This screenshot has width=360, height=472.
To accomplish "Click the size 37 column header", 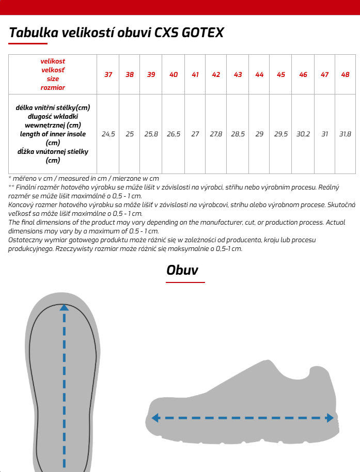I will pyautogui.click(x=108, y=74).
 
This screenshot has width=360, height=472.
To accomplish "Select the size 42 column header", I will pyautogui.click(x=216, y=74).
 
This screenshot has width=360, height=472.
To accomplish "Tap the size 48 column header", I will pyautogui.click(x=345, y=74).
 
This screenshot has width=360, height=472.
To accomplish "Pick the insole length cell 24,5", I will pyautogui.click(x=108, y=134).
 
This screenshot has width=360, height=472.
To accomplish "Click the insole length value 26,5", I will pyautogui.click(x=173, y=134).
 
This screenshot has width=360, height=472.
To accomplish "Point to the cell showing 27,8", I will pyautogui.click(x=216, y=134).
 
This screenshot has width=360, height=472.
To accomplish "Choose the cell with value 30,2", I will pyautogui.click(x=303, y=134).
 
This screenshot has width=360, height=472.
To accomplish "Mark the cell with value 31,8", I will pyautogui.click(x=345, y=134).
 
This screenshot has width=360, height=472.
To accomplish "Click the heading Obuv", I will pyautogui.click(x=182, y=270).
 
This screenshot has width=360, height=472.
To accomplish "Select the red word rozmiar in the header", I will pyautogui.click(x=53, y=87).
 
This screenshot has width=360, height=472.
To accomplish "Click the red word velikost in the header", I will pyautogui.click(x=53, y=61).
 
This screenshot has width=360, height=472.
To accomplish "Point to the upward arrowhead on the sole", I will pyautogui.click(x=64, y=307).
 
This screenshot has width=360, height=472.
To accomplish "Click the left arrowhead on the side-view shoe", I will pyautogui.click(x=154, y=418).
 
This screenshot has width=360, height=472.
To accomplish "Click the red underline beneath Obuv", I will pyautogui.click(x=185, y=282).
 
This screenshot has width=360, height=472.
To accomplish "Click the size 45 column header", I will pyautogui.click(x=280, y=74).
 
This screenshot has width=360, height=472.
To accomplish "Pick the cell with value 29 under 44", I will pyautogui.click(x=259, y=134).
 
